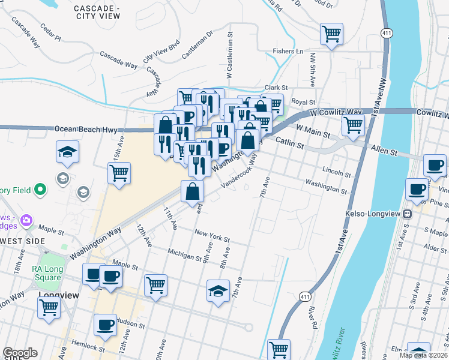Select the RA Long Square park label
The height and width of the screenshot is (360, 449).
[47, 274]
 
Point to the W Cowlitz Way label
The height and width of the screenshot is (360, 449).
[336, 112]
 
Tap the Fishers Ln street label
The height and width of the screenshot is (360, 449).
[288, 52]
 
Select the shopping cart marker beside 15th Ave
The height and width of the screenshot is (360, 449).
[119, 173]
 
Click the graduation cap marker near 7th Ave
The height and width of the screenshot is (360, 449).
[218, 291]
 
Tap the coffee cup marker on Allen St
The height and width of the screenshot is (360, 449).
[435, 164]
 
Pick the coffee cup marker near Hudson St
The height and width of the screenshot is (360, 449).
[105, 325]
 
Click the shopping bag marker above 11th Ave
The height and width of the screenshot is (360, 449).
[193, 192]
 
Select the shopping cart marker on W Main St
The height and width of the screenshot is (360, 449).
[353, 125]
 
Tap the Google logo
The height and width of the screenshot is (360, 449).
[20, 353]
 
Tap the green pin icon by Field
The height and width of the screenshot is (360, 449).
[40, 190]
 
